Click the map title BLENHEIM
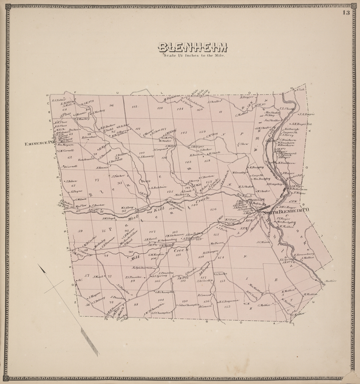click(x=193, y=47)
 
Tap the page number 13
click(x=346, y=13)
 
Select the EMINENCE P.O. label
click(x=38, y=143)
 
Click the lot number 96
click(x=111, y=105)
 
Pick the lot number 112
click(x=134, y=107)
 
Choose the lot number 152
click(x=227, y=306)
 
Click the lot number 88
click(x=136, y=305)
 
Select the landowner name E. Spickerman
click(x=143, y=267)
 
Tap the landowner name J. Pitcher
click(x=123, y=175)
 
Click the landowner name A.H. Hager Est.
click(x=302, y=123)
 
